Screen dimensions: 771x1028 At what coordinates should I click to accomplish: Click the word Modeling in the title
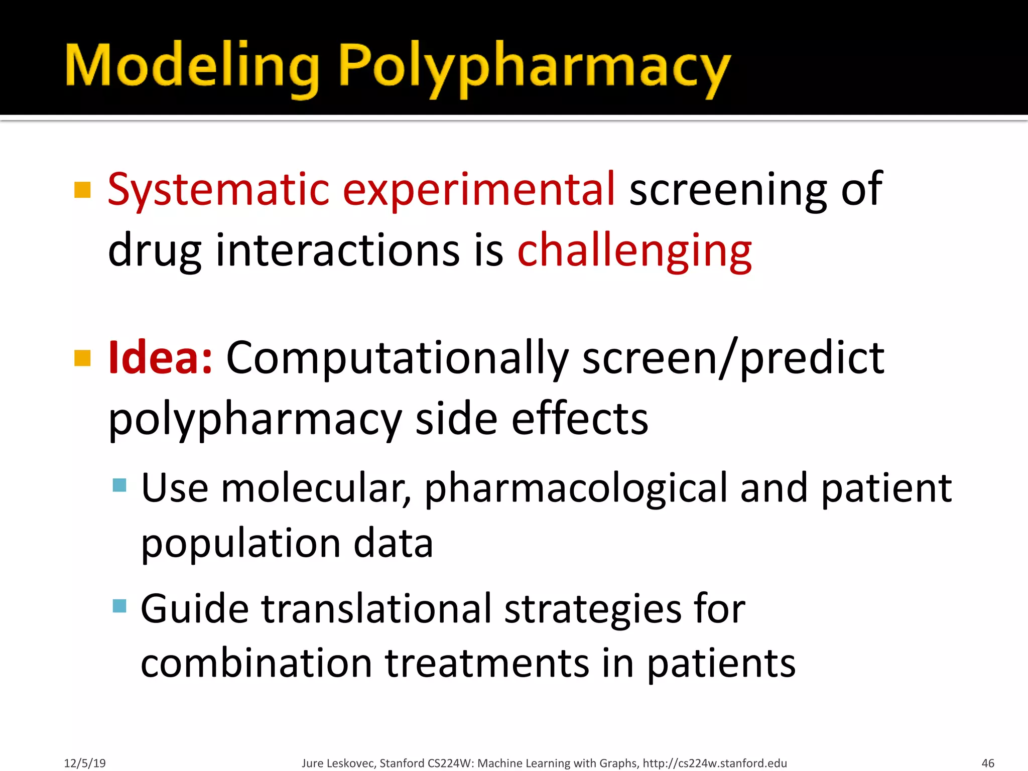pos(192,67)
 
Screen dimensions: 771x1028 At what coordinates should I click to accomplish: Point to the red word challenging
pos(634,251)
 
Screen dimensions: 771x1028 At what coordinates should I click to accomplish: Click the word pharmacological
pos(575,488)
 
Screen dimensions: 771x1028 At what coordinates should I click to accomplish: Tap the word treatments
pos(487,663)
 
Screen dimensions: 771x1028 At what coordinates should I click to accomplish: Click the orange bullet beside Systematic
pos(82,190)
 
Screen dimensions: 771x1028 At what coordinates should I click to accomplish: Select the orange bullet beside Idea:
pos(82,358)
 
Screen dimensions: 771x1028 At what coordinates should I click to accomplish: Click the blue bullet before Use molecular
pos(119,485)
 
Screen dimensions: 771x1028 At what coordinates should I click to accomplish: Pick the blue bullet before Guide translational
pos(119,606)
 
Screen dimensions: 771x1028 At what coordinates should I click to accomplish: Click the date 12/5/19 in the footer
pos(85,763)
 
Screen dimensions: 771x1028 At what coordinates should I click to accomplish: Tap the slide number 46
pos(987,763)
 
